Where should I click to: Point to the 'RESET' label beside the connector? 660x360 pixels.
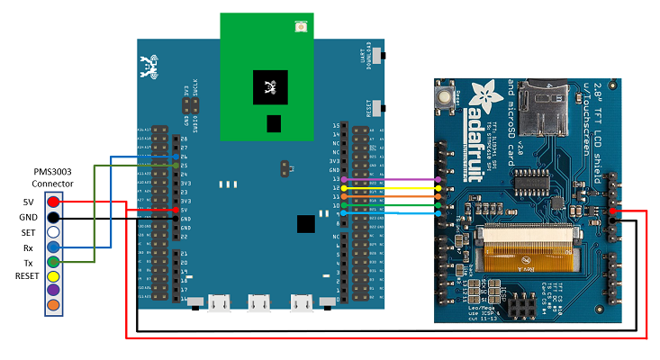pos(27,275)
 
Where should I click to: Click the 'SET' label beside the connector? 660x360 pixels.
pos(28,231)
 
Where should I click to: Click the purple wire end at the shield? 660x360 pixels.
pos(438,180)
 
